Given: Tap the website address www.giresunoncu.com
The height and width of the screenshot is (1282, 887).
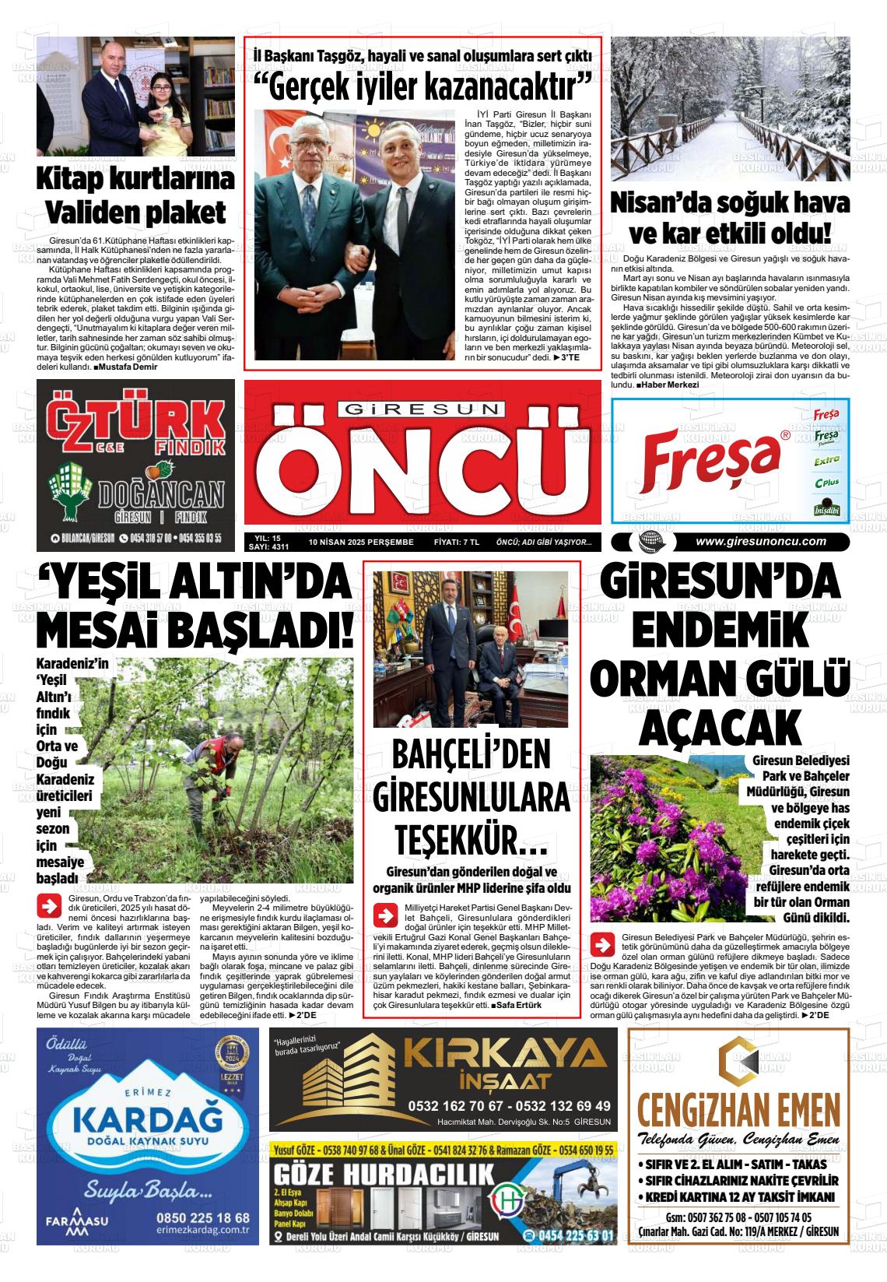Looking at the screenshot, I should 760,542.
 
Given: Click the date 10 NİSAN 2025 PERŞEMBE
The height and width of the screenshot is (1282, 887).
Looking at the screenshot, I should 361,543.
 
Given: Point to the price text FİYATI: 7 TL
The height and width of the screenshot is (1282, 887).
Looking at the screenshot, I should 456,543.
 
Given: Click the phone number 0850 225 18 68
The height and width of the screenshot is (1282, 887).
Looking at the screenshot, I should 202,1217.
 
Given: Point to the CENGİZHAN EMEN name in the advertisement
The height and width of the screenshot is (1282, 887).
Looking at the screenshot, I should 738,1106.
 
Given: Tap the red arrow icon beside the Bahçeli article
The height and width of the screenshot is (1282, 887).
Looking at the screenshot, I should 385,914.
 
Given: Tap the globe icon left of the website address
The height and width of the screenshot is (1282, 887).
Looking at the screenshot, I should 648,542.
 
